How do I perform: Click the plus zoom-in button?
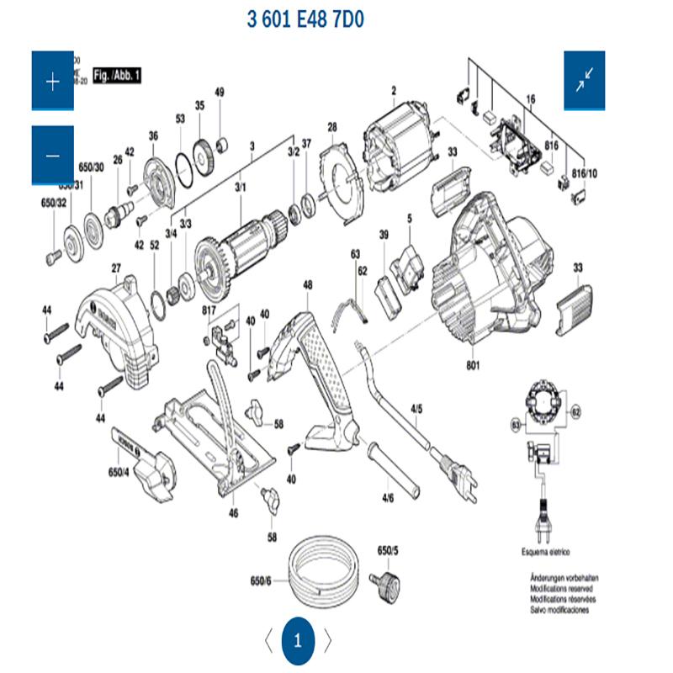(x=53, y=81)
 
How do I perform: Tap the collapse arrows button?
(x=585, y=81)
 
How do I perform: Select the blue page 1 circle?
(x=297, y=640)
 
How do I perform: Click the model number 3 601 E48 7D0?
(x=305, y=19)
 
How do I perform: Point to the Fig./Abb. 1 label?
(x=117, y=75)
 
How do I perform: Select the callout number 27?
(x=115, y=268)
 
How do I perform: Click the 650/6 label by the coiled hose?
(x=261, y=581)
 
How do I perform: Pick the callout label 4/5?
(x=416, y=410)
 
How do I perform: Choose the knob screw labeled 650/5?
(x=389, y=581)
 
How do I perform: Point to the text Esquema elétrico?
(x=545, y=552)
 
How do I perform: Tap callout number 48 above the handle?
(x=308, y=285)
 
